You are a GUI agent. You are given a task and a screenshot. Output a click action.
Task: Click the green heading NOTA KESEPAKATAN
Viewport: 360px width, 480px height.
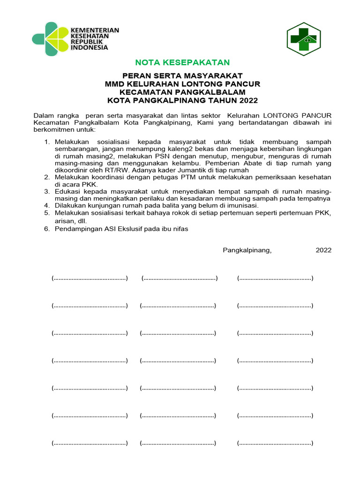coord(182,62)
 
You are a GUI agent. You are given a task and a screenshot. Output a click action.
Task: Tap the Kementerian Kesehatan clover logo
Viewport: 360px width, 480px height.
coord(50,39)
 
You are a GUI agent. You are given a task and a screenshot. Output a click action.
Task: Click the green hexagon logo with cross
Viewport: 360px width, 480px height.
coord(303,39)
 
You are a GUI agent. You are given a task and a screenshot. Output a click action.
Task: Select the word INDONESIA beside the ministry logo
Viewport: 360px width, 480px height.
coord(90,47)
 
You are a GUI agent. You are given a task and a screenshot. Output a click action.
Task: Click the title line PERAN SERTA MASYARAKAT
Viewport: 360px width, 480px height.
coord(182,75)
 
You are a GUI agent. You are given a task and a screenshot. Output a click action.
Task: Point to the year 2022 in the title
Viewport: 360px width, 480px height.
coord(248,100)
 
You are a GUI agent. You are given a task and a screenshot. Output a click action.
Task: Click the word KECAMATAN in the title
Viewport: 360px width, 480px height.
coord(144,92)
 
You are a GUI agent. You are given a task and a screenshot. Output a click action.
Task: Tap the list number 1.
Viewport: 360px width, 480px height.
coord(46,142)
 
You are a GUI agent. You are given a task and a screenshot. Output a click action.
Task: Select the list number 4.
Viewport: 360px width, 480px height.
coord(46,205)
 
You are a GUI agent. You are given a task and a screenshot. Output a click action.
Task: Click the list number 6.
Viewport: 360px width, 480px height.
coord(46,229)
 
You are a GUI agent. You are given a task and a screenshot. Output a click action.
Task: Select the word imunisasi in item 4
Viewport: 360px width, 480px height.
coord(240,205)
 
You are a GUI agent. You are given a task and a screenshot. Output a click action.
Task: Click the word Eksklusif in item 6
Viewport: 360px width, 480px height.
coord(122,229)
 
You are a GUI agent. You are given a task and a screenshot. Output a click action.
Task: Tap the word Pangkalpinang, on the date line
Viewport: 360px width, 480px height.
coord(247,250)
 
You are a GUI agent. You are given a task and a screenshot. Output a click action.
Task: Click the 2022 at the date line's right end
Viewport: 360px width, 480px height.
coord(323,250)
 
